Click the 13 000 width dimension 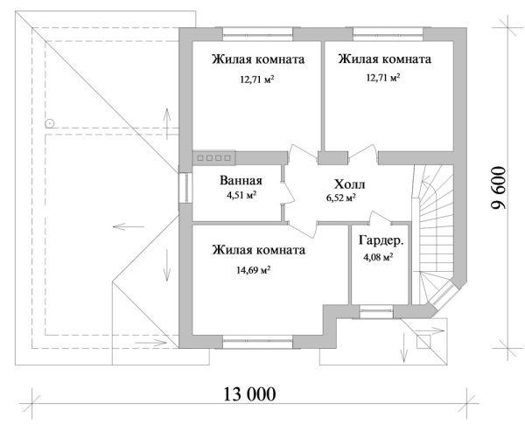pos(248,394)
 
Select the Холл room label pos(348,185)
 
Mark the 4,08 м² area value pos(377,257)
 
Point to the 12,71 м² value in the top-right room pos(381,78)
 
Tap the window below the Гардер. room pos(376,309)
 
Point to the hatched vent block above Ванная pos(212,158)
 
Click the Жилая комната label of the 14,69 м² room pos(258,250)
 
